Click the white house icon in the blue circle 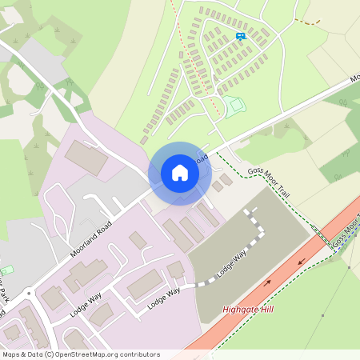tap(180, 173)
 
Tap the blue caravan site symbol tap(241, 35)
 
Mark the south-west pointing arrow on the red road tap(302, 261)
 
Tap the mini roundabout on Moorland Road tap(30, 294)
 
